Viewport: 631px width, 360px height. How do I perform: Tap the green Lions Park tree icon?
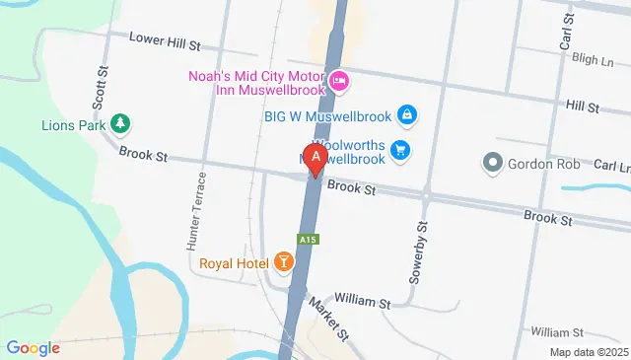[x=119, y=123]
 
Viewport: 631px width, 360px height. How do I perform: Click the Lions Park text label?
[x=73, y=125]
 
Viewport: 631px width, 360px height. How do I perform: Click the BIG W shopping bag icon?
[x=406, y=115]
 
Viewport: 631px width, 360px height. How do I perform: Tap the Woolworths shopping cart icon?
[x=399, y=150]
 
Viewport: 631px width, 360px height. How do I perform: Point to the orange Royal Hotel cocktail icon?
[x=283, y=262]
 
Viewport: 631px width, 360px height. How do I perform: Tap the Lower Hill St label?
[x=166, y=39]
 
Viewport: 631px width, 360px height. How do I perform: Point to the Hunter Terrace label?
[x=197, y=209]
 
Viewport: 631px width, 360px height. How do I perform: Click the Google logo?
[x=33, y=347]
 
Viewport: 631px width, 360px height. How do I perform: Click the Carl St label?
[x=566, y=32]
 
